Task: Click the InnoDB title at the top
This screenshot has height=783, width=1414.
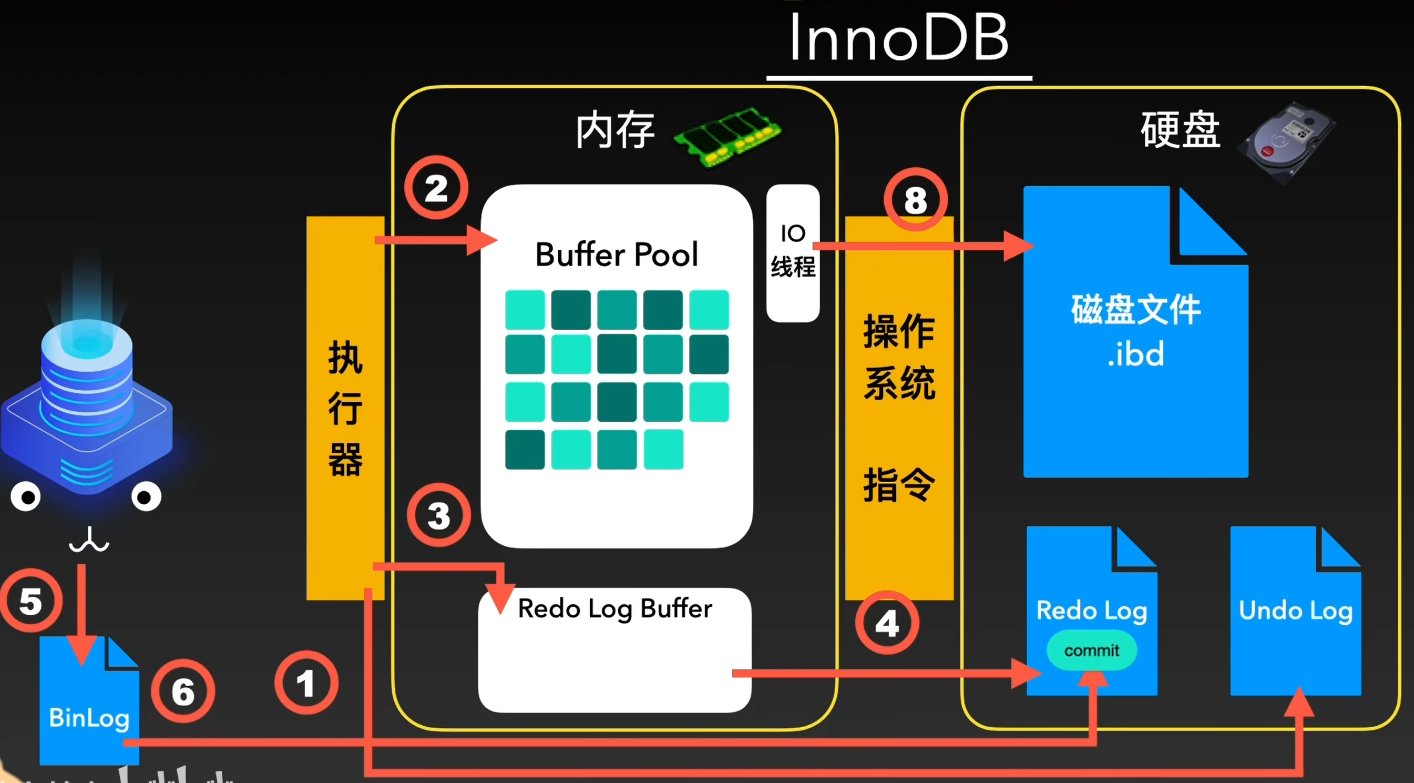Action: [x=899, y=37]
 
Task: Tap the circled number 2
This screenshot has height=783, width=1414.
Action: [x=436, y=188]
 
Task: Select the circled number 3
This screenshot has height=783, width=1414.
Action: [x=438, y=515]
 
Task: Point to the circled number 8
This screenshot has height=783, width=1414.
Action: [x=916, y=199]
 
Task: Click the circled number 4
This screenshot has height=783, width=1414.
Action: [x=887, y=623]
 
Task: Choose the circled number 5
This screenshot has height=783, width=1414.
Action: [x=30, y=600]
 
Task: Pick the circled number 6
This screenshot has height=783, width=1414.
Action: [x=183, y=691]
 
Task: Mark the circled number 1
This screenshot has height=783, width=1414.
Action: [x=306, y=683]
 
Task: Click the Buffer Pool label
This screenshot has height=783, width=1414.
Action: [x=617, y=255]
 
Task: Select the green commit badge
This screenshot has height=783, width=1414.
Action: [x=1092, y=650]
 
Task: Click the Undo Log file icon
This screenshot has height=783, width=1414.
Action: [x=1295, y=611]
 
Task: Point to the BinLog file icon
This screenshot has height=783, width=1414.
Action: [x=89, y=700]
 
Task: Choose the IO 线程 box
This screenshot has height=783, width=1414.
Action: [x=793, y=253]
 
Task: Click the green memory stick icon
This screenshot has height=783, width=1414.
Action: [x=728, y=136]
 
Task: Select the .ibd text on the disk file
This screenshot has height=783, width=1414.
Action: [x=1136, y=354]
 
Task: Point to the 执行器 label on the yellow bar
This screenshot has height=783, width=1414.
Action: [x=345, y=408]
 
